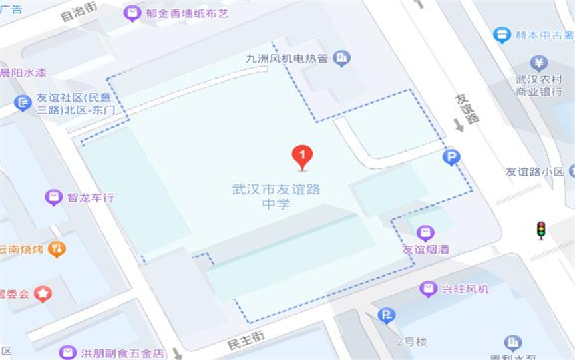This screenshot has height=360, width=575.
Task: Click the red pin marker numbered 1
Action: coord(303,157)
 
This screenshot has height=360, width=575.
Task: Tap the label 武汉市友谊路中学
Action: coord(276,196)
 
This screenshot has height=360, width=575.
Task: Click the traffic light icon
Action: coord(541,230)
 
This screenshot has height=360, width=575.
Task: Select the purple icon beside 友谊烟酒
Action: coord(425,232)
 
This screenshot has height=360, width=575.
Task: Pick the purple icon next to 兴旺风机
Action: coord(429,289)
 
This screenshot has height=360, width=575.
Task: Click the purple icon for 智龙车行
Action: coord(54,197)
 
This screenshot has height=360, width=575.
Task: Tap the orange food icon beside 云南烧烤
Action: coord(57,249)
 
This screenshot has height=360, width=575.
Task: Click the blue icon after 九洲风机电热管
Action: coord(342,59)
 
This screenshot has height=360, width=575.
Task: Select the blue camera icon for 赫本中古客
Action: coord(501,35)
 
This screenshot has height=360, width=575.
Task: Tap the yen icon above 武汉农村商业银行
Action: coord(538,63)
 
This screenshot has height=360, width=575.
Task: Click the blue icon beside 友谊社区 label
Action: coord(23,103)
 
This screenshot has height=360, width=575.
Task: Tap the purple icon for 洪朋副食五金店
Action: coord(67,352)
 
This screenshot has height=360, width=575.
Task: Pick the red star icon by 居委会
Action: coord(43,293)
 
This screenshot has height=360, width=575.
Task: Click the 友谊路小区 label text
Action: coord(534,172)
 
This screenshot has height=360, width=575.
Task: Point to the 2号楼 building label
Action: coord(411,342)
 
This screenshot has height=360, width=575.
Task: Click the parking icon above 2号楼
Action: coord(386,315)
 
